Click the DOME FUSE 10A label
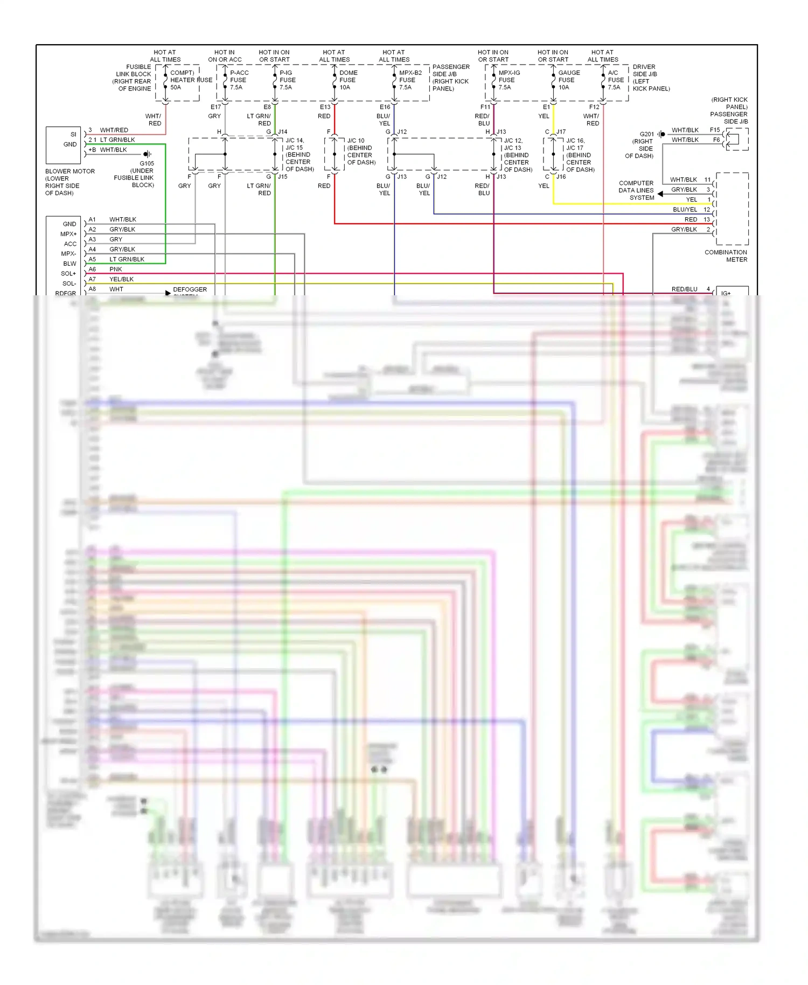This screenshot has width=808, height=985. [x=347, y=80]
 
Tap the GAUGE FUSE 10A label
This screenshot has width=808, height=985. [x=568, y=80]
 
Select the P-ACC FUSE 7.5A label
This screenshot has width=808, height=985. [x=239, y=80]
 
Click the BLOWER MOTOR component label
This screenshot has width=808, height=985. [x=69, y=171]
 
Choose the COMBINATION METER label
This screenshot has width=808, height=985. [x=726, y=256]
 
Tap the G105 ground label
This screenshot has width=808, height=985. [x=147, y=163]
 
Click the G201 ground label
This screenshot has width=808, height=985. [x=646, y=134]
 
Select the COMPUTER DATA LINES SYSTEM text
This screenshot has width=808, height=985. [x=636, y=190]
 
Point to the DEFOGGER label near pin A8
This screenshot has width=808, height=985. [x=190, y=289]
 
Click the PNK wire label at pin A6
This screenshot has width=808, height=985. [x=116, y=269]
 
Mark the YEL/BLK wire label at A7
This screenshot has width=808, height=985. [x=121, y=279]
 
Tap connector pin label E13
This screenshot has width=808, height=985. [x=325, y=107]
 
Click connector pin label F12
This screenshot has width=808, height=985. [x=594, y=107]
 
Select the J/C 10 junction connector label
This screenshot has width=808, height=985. [x=356, y=141]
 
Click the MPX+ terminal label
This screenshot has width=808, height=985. [x=68, y=234]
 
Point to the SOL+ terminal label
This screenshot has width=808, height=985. [x=68, y=274]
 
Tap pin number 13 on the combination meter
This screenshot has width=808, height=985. [x=707, y=219]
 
